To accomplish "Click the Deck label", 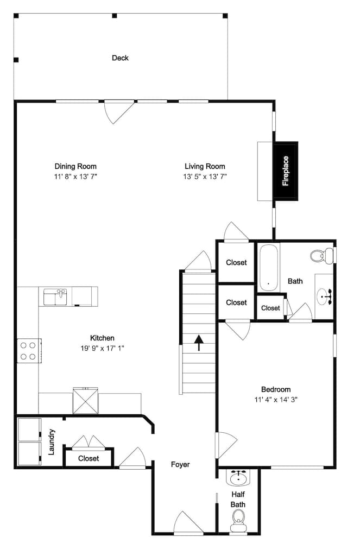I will (120, 58).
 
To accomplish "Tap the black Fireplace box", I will (286, 171).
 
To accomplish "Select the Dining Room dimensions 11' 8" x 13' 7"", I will (75, 176).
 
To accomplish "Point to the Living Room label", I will (205, 166).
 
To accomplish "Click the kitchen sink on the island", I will (55, 297).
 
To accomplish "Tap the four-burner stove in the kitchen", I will (29, 350).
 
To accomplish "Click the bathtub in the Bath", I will (268, 268).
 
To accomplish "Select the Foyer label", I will (180, 464).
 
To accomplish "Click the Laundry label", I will (52, 441).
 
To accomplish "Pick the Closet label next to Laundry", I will (89, 458).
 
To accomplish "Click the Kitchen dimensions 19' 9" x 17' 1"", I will (103, 348).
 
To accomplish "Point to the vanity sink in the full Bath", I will (325, 296).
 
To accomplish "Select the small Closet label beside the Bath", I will (270, 308).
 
